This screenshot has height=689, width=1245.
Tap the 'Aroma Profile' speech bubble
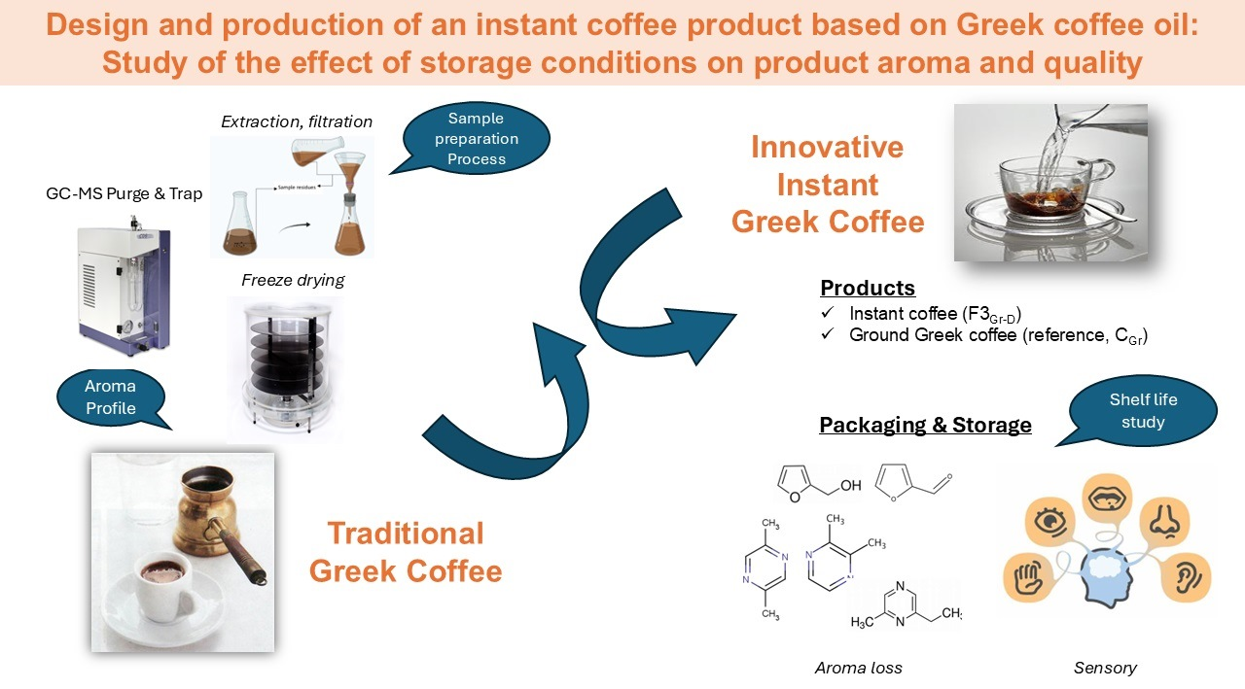click(110, 396)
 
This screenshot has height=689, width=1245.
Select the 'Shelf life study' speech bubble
click(1142, 410)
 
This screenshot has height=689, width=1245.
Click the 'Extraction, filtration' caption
click(297, 121)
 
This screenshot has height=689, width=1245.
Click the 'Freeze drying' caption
click(293, 280)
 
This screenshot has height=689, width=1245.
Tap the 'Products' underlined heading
click(868, 288)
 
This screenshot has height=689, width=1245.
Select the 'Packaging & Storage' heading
click(925, 425)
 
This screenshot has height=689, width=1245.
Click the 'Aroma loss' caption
click(858, 667)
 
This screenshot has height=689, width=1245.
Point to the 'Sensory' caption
click(1105, 667)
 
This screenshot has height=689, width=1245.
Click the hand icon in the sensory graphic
click(1029, 575)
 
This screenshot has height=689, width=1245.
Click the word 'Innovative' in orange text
click(828, 148)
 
